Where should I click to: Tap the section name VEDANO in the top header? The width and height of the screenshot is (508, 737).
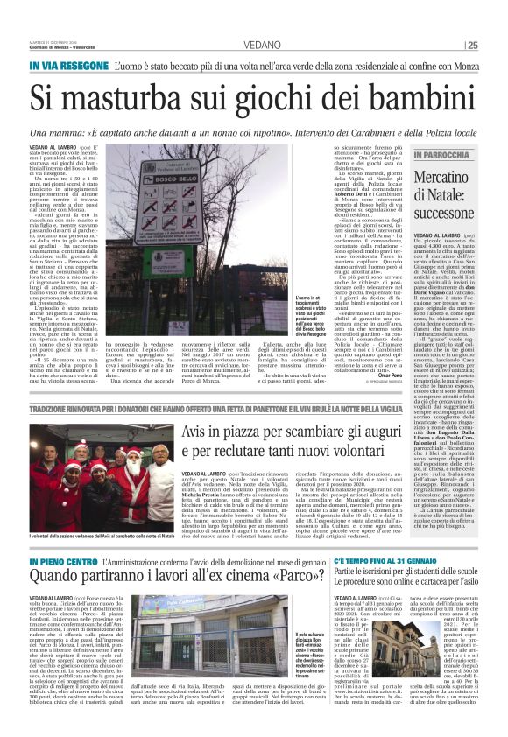(253, 44)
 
